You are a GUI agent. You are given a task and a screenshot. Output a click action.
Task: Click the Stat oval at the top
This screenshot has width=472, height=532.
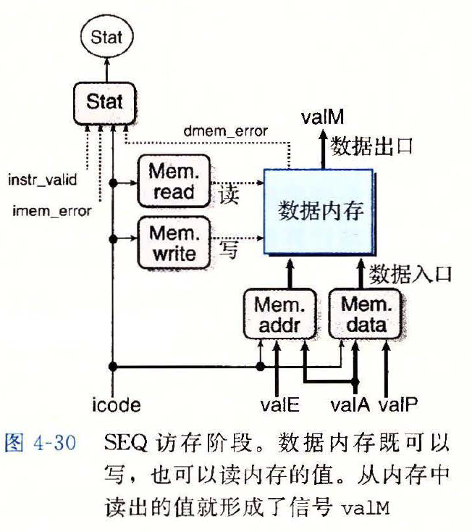coord(107,37)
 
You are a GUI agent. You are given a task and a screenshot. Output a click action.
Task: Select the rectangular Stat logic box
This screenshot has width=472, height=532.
coord(105,101)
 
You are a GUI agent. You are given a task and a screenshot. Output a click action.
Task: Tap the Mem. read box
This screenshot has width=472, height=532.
coord(172,181)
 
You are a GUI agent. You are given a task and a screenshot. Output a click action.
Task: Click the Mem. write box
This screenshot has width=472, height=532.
coord(172,244)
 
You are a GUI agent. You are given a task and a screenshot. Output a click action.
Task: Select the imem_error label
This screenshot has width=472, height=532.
coord(52,211)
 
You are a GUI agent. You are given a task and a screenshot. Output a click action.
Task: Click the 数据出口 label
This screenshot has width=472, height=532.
coord(371,146)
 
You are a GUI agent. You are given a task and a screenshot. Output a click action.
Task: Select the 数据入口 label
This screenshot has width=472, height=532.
coord(410,274)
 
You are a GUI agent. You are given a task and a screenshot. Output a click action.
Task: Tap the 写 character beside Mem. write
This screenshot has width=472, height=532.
coord(228,251)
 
